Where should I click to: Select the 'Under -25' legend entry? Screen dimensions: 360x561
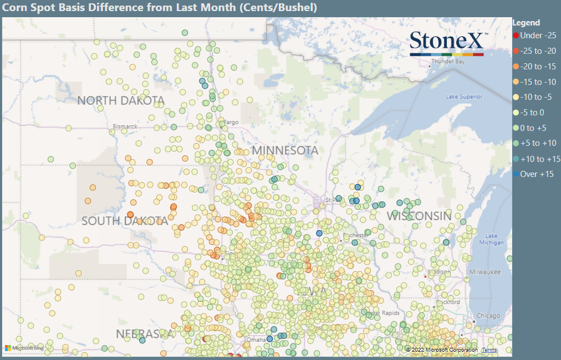(537, 35)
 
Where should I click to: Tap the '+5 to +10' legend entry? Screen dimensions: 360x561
(538, 143)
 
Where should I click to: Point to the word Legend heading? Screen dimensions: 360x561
(526, 23)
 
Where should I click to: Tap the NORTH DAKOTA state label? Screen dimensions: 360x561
(121, 100)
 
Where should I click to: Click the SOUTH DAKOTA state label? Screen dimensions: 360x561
(125, 221)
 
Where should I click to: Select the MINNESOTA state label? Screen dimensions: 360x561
(285, 150)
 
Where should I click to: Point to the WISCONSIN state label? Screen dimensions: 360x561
(419, 216)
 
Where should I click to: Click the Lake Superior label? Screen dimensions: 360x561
(464, 97)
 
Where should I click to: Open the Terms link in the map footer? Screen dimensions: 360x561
(489, 350)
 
